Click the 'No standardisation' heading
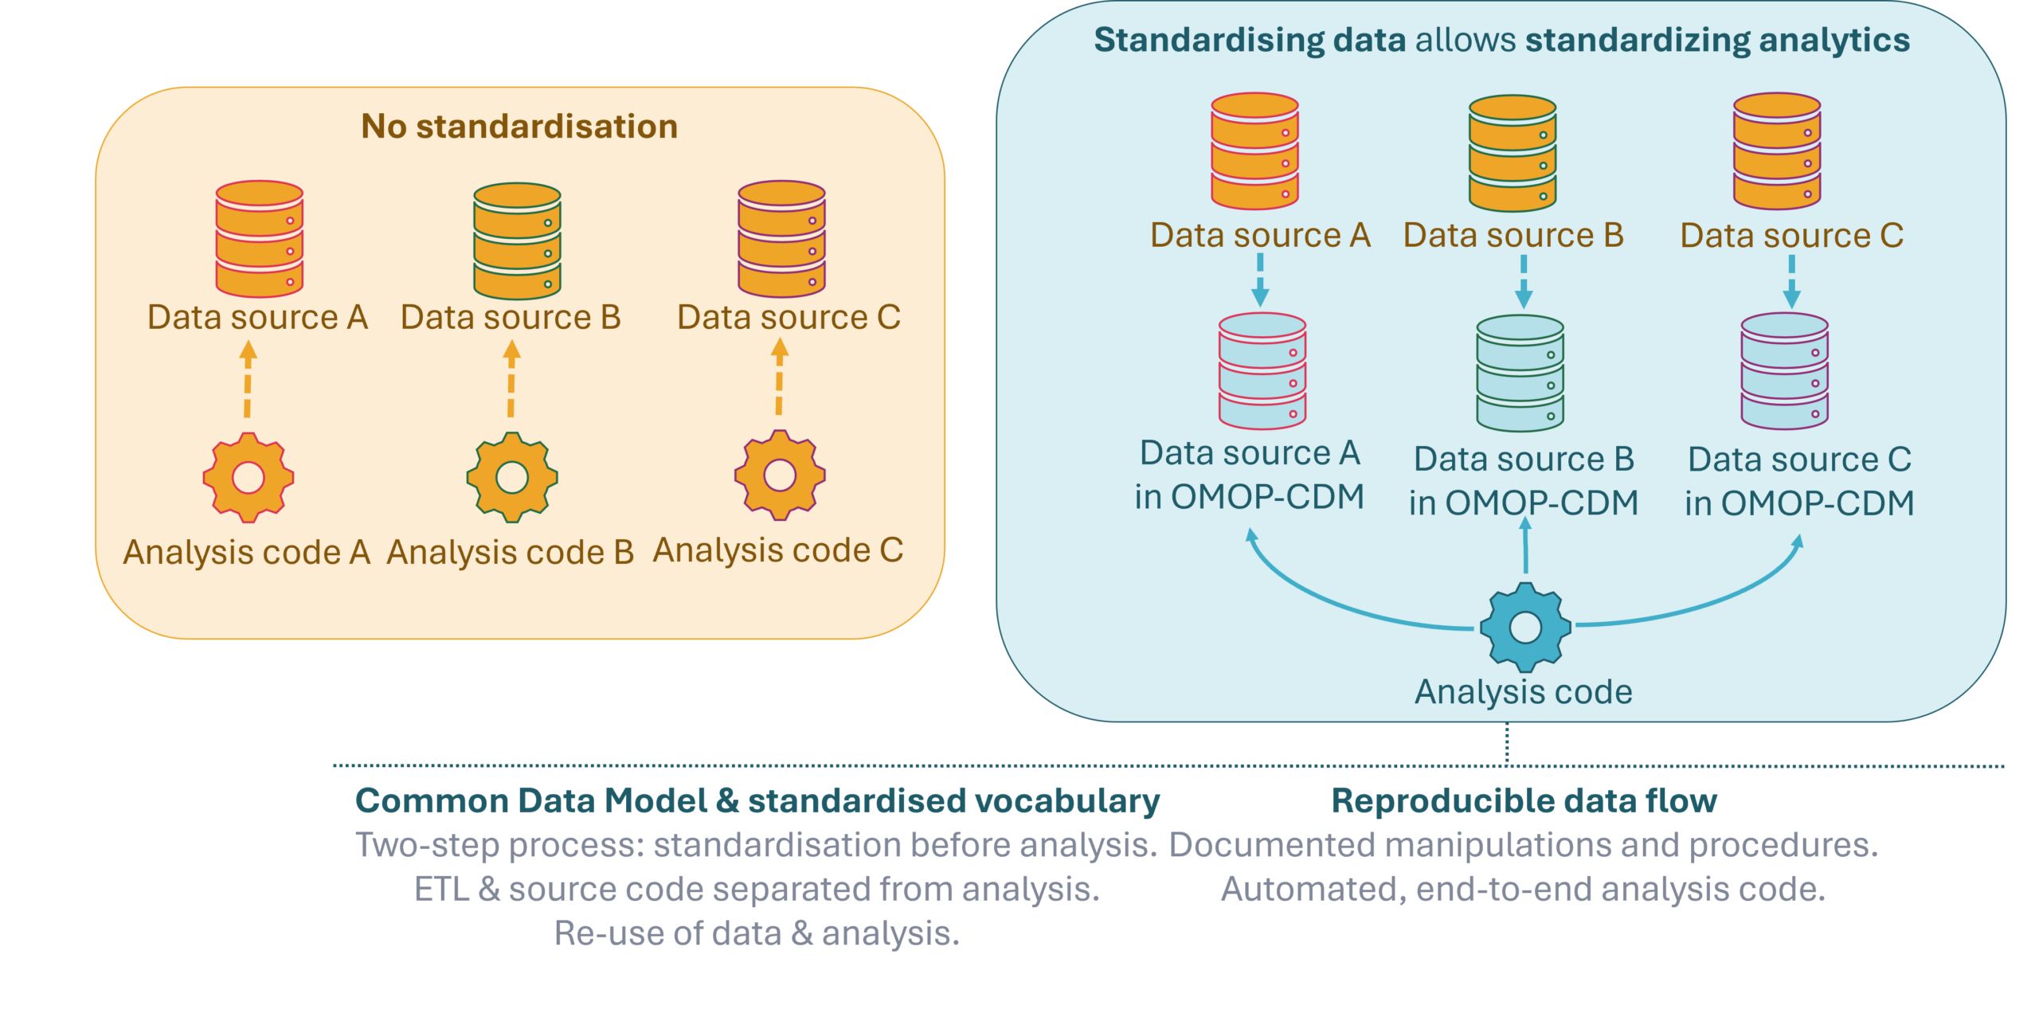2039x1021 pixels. (519, 127)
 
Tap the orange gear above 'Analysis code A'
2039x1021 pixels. (249, 477)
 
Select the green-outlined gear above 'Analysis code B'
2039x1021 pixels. (512, 477)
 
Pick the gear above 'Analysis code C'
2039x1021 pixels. (780, 475)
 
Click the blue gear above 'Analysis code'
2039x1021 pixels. (1525, 627)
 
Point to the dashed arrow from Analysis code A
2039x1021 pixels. (249, 380)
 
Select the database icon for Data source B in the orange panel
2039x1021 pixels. (518, 241)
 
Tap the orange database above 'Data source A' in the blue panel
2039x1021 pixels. (1255, 151)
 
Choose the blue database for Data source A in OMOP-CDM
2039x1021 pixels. (1262, 371)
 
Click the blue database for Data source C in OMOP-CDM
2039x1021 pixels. (1784, 371)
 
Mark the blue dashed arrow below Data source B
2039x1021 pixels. (1524, 281)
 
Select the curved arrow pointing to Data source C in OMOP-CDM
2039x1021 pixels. (1712, 605)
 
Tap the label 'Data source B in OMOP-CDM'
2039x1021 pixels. (1524, 481)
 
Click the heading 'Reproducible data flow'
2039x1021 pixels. (1524, 801)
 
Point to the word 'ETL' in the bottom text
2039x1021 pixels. (442, 890)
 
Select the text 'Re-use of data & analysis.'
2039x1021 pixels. (757, 933)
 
